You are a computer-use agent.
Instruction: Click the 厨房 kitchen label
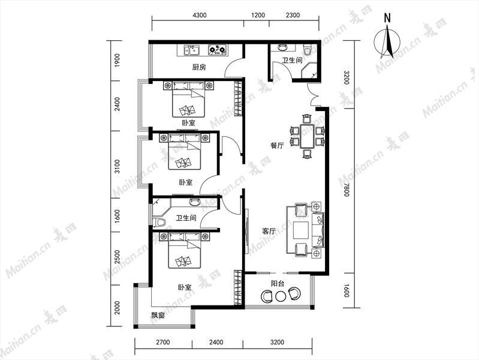pos(199,67)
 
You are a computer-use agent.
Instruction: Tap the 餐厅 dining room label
pos(277,145)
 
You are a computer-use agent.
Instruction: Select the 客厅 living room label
pos(269,231)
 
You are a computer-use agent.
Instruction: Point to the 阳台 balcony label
pos(278,284)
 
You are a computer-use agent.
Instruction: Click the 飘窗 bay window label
pos(158,315)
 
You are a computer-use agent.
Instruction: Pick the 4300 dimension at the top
pos(200,15)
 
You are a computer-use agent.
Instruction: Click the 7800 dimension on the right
pos(346,190)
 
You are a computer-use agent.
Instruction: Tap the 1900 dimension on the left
pos(118,60)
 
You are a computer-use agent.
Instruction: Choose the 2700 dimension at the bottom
pos(163,342)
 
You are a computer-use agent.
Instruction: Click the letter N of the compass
pos(387,19)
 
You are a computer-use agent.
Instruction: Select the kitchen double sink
pos(191,50)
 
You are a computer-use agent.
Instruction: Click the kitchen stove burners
pos(218,50)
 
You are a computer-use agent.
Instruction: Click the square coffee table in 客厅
pos(301,229)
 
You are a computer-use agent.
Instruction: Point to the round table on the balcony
pos(280,296)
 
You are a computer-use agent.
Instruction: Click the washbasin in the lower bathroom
pos(194,202)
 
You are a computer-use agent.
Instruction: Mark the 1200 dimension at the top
pos(258,15)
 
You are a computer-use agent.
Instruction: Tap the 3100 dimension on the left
pos(118,166)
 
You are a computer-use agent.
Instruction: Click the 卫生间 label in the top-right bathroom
pos(292,60)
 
